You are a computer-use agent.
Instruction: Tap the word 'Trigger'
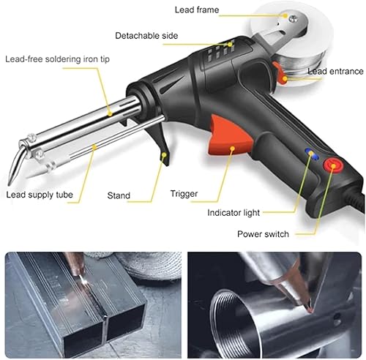tap(184, 193)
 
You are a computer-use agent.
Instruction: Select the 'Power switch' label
tap(262, 234)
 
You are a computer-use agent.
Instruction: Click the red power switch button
tap(334, 166)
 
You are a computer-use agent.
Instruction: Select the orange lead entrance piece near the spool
tap(280, 70)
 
